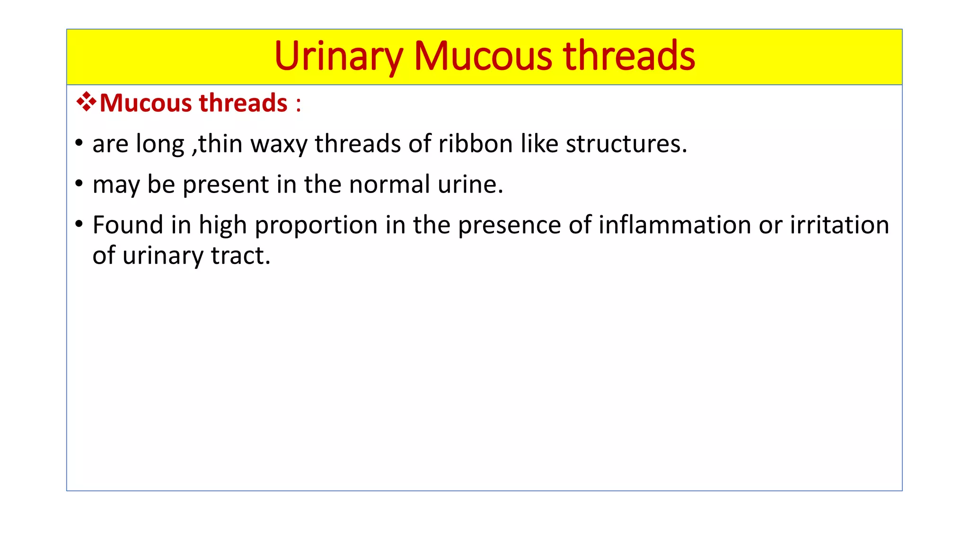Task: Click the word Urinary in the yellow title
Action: tap(338, 56)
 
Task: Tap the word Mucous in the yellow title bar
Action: tap(483, 56)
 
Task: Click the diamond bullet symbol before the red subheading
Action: tap(86, 102)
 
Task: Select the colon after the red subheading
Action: tap(298, 104)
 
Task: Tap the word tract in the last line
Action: tap(240, 256)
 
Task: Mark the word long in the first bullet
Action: tap(159, 144)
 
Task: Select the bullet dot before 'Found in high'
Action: tap(79, 223)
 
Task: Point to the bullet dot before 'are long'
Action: tap(79, 142)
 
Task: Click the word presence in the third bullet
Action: tap(509, 226)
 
